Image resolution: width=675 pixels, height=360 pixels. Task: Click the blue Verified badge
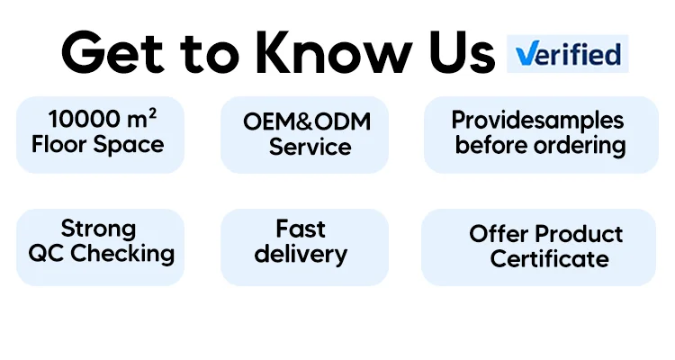pyautogui.click(x=567, y=54)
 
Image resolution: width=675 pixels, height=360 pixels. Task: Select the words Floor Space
pyautogui.click(x=98, y=144)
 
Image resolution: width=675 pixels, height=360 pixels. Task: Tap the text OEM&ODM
pyautogui.click(x=307, y=121)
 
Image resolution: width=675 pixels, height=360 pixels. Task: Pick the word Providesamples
pyautogui.click(x=537, y=120)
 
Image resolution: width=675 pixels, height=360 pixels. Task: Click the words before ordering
pyautogui.click(x=540, y=144)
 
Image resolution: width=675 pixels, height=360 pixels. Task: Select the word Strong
pyautogui.click(x=98, y=229)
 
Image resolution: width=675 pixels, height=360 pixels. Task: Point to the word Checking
pyautogui.click(x=121, y=253)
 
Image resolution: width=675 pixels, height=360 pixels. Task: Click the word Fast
pyautogui.click(x=301, y=229)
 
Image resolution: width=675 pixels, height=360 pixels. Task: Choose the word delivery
pyautogui.click(x=301, y=253)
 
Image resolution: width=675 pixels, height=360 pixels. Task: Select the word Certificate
pyautogui.click(x=549, y=259)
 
